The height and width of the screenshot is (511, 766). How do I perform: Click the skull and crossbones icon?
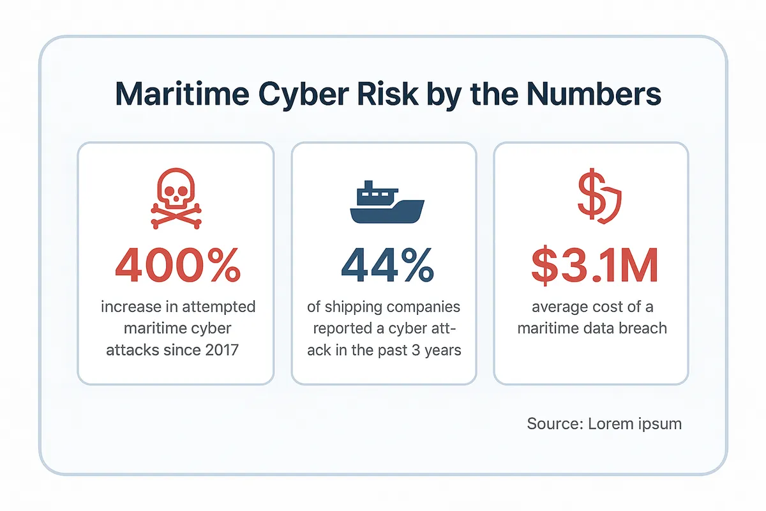pyautogui.click(x=176, y=199)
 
